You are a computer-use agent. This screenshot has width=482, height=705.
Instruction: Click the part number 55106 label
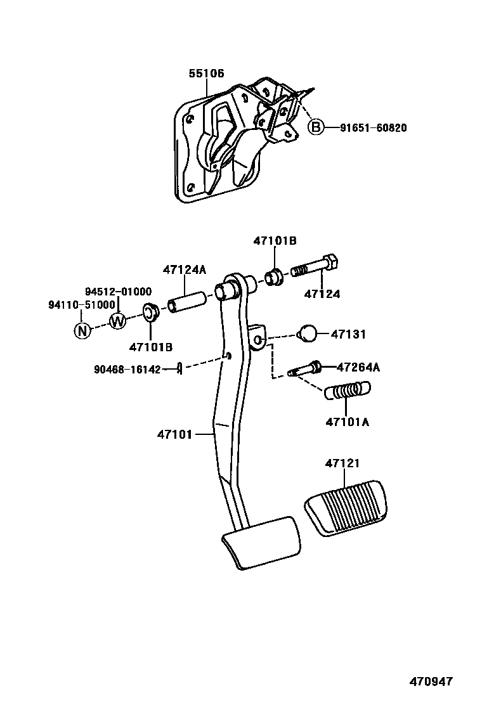coord(206,74)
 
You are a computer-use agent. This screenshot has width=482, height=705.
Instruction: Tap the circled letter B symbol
coord(315,127)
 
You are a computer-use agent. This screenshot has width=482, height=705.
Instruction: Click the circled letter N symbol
coord(82,330)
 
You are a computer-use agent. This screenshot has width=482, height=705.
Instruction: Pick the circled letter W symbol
coord(118,321)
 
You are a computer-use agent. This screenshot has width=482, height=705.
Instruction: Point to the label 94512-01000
coord(119,292)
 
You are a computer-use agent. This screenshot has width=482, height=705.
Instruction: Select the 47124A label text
coord(185,269)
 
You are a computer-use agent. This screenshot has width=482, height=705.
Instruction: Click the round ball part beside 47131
coord(308,333)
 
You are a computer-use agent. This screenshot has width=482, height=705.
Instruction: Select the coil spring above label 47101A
coord(348,391)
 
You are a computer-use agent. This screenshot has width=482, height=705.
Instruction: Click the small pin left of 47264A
coord(305,368)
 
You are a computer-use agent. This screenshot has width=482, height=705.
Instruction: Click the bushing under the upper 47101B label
coord(275,278)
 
